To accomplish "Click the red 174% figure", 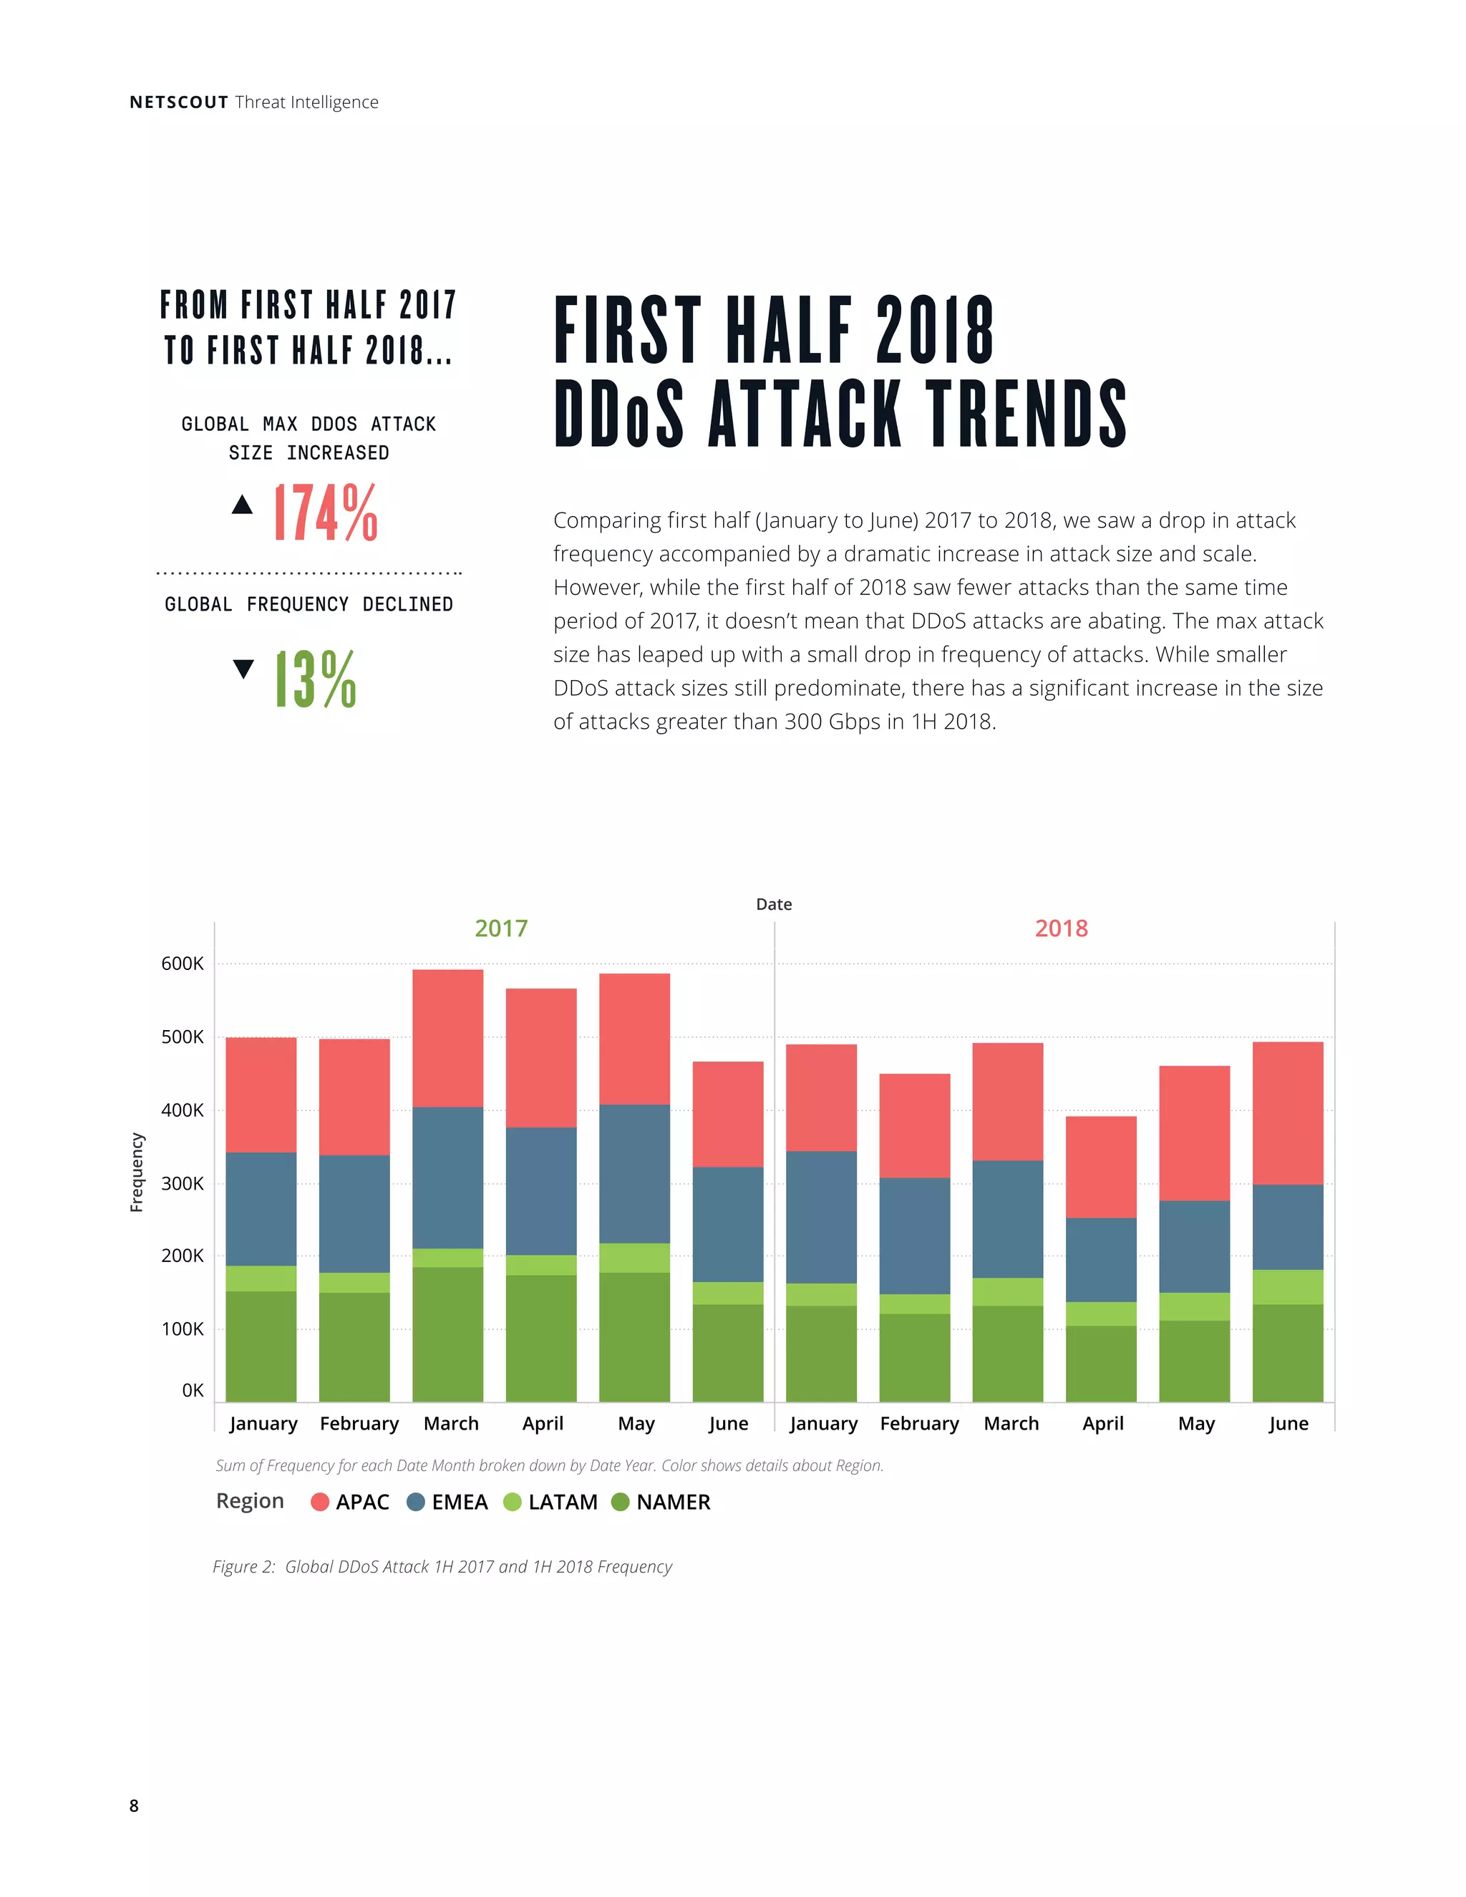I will (x=326, y=513).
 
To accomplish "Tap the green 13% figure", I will (x=315, y=679).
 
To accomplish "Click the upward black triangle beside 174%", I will (x=243, y=505).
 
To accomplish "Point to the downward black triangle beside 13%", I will (x=244, y=668).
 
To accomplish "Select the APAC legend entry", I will (x=350, y=1502).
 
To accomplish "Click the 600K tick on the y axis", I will (x=183, y=964).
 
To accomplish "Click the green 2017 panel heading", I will (x=501, y=928).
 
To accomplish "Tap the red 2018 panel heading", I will (x=1062, y=928).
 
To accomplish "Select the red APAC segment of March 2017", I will (x=447, y=1038).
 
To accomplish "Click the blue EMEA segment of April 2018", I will (x=1101, y=1259).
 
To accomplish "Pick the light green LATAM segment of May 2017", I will (x=634, y=1258).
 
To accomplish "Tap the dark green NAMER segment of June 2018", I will (x=1287, y=1352).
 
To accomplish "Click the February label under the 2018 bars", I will (x=919, y=1424).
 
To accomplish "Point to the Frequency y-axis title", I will (x=136, y=1172).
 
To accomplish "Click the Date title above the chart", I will (x=774, y=904).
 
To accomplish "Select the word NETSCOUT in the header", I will (x=179, y=102).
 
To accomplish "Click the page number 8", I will (x=134, y=1806).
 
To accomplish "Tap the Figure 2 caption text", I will (x=442, y=1567).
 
